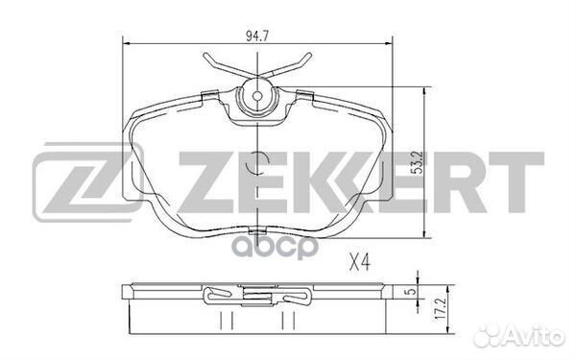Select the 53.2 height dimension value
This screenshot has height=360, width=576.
tap(417, 163)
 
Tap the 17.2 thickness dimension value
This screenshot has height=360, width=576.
tap(441, 308)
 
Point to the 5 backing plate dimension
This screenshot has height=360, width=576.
tap(412, 291)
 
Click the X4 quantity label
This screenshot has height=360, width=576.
tap(360, 263)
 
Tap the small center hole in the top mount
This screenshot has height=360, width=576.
tap(257, 96)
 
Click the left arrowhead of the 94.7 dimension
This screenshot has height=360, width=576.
tap(127, 44)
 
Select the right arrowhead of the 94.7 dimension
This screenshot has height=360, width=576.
tap(389, 44)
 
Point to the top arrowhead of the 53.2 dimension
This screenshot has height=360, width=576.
tap(424, 92)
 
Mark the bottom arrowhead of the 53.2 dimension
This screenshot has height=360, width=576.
tap(424, 233)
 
